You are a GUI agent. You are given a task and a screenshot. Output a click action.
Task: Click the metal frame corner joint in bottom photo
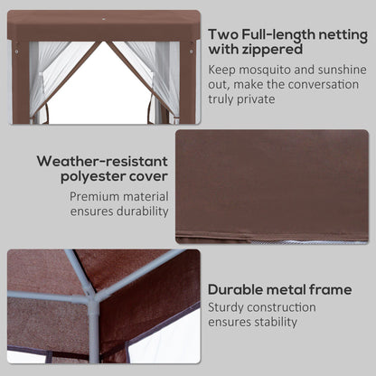[x=91, y=291]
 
